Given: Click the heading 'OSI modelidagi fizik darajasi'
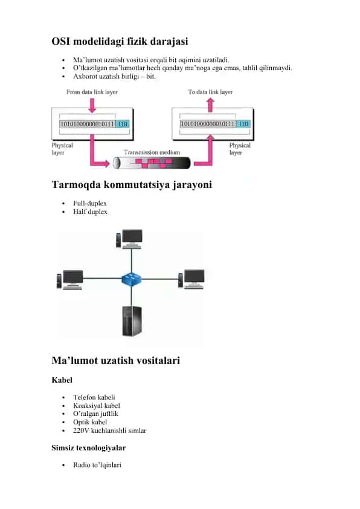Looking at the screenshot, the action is coord(120,41).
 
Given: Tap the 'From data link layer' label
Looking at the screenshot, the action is coord(92,92).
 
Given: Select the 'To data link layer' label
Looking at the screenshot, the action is coord(210,92).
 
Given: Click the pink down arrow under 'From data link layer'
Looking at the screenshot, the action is coord(92,106).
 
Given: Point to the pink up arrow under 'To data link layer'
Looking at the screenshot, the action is coord(210,105).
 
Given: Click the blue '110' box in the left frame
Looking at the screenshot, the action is coord(122,124).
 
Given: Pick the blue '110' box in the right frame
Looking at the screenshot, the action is coord(243,124).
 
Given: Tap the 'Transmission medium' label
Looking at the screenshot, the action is coord(152,152).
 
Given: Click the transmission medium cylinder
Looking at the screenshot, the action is coord(152,163).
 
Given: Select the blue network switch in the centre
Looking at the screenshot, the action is coord(131,279).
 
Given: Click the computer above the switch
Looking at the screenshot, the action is coord(129,239).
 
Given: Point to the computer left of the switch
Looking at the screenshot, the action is coord(69,279).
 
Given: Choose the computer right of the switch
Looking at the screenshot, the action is coord(191,279).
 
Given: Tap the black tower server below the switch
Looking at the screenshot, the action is coord(132,321).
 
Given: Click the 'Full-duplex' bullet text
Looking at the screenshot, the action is coord(90,203).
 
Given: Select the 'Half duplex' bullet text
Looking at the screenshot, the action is coord(90,212).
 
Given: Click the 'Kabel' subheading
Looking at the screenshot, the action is coord(62,380).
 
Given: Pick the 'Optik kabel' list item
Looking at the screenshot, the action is coord(90,422).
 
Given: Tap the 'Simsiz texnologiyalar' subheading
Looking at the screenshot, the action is coord(89,448).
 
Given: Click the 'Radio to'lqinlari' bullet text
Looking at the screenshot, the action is coord(97,465).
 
